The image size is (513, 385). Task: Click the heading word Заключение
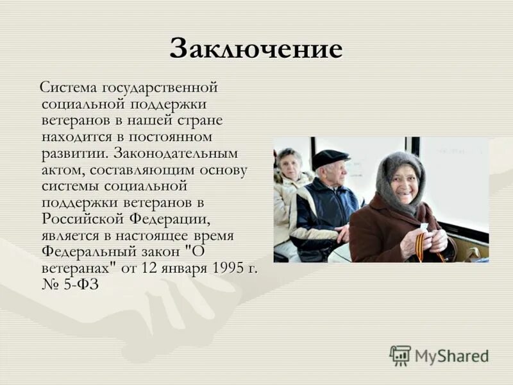click(256, 49)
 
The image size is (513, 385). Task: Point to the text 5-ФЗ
click(80, 286)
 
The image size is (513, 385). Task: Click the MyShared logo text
click(451, 356)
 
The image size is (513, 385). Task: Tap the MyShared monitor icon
click(400, 355)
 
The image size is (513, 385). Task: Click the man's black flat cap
click(330, 157)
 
